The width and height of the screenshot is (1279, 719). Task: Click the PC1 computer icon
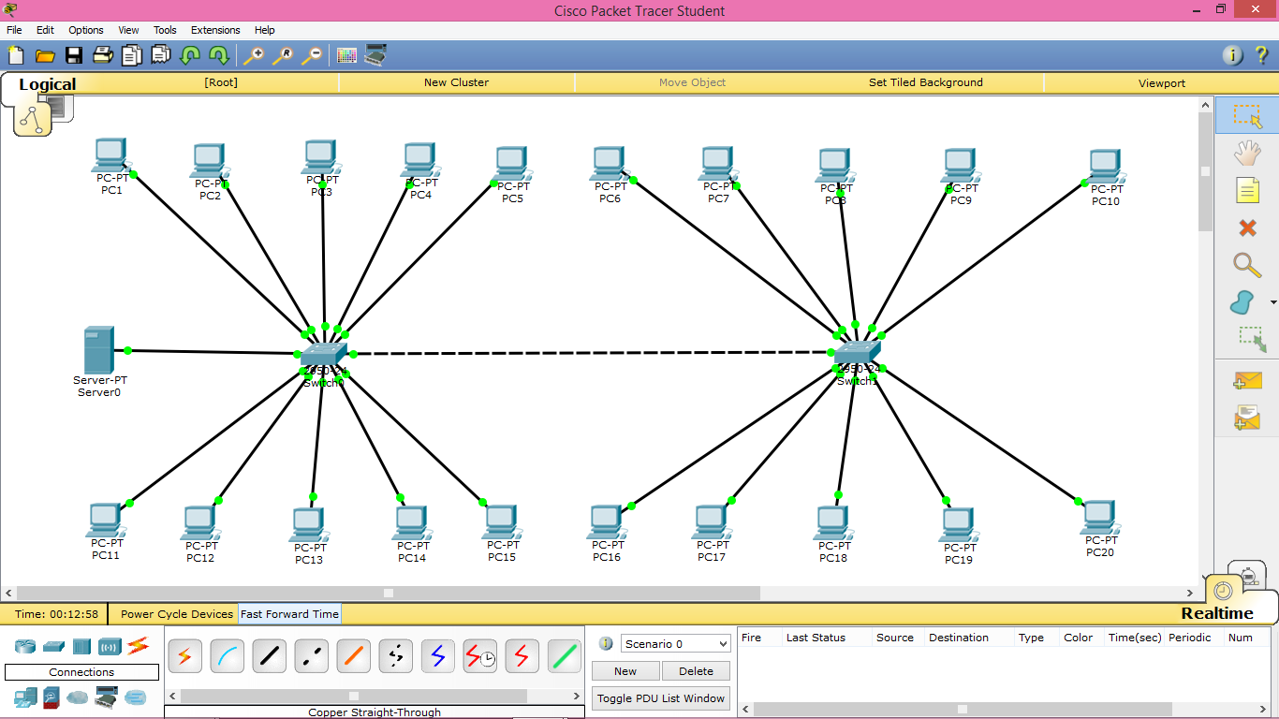[x=110, y=154]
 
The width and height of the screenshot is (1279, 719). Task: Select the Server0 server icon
[x=98, y=350]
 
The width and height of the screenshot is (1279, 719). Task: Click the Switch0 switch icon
[x=324, y=354]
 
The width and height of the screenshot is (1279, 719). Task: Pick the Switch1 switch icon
[x=857, y=353]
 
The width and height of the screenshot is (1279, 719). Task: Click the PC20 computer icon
[x=1099, y=517]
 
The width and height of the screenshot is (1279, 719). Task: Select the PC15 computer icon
[x=501, y=521]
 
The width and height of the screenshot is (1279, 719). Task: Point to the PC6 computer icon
[x=609, y=164]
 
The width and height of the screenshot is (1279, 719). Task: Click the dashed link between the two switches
[x=590, y=353]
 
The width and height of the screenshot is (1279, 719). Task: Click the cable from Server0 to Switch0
[x=215, y=352]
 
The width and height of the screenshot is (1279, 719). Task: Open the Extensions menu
[x=215, y=30]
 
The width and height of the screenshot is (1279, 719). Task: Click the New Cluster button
[x=456, y=82]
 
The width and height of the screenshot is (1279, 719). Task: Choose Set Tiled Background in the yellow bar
[x=925, y=82]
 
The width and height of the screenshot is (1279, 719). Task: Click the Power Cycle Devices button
[x=177, y=614]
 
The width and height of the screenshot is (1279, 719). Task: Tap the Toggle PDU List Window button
[x=661, y=697]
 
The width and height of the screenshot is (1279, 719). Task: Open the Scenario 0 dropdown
[x=675, y=644]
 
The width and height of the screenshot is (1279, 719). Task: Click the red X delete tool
[x=1247, y=227]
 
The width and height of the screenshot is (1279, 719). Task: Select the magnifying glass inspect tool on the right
[x=1247, y=265]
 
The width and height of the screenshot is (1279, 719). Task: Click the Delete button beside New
[x=696, y=671]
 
